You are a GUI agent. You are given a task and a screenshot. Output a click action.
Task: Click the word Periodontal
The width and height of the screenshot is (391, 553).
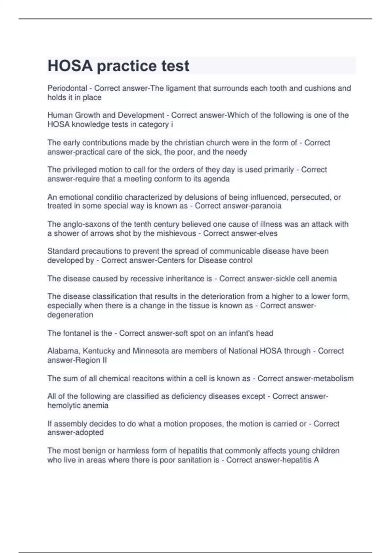click(x=67, y=88)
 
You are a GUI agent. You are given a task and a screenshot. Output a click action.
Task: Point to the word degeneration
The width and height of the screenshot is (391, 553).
click(x=70, y=315)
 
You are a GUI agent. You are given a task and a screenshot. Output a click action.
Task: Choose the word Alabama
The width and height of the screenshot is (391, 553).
click(x=63, y=351)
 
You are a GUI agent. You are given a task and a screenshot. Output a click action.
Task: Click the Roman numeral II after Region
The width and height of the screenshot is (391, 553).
click(x=104, y=360)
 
